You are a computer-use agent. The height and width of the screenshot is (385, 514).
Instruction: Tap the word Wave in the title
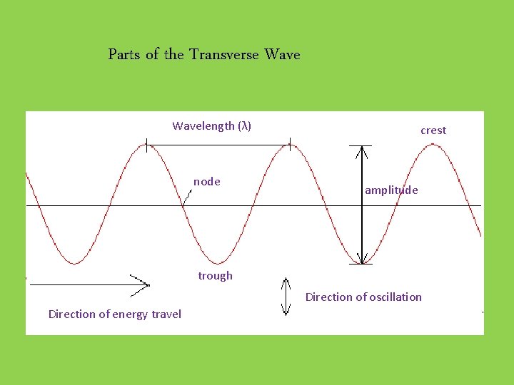(x=282, y=54)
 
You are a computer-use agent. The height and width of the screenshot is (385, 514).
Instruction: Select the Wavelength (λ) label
(x=211, y=126)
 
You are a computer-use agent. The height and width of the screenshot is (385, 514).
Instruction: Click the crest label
(x=433, y=130)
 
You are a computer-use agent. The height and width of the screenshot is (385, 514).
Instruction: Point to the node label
(x=206, y=182)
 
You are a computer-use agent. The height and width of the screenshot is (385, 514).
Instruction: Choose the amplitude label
(x=391, y=190)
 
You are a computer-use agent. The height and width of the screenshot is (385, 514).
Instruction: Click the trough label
(x=215, y=276)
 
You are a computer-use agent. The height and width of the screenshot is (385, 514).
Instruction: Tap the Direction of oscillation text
(x=363, y=297)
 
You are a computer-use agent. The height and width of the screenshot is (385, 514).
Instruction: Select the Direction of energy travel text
(x=114, y=314)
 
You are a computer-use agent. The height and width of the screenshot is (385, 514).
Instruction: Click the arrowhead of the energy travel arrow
(x=143, y=284)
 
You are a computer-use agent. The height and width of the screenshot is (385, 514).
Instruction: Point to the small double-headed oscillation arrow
(x=286, y=297)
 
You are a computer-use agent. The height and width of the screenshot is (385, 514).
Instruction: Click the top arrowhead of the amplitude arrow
(x=363, y=150)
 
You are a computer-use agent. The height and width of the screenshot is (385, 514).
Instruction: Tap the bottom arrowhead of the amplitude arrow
(x=363, y=260)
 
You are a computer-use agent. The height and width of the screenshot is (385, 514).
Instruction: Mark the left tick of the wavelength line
(x=147, y=145)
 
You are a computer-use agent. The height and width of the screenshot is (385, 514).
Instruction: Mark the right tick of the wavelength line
(x=290, y=145)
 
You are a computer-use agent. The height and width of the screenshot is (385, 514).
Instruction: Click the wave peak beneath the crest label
(x=433, y=145)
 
